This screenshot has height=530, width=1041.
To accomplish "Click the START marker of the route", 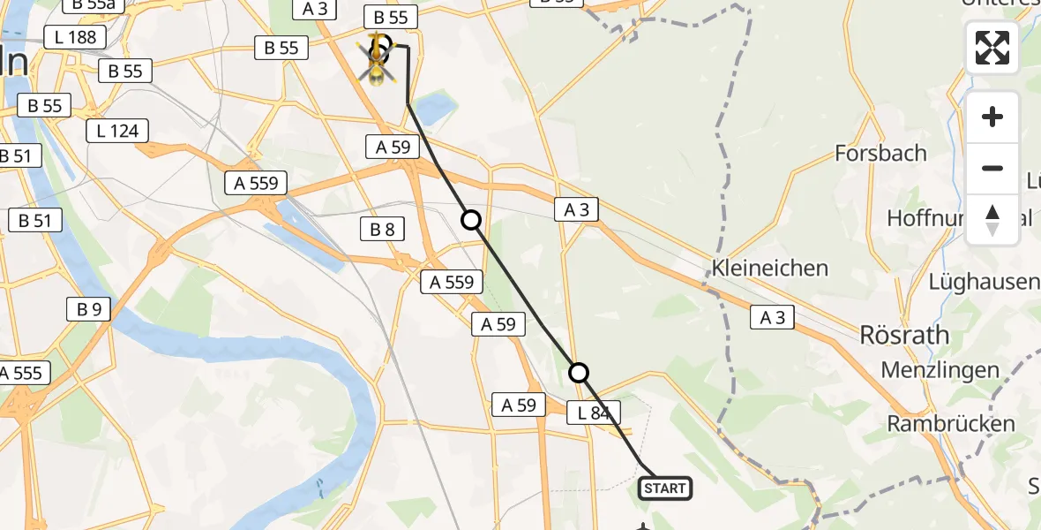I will tap(665, 488).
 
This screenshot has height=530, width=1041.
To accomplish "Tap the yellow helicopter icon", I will tap(377, 58).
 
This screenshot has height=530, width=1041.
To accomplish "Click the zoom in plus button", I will tap(992, 117).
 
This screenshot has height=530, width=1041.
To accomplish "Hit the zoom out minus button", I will tap(992, 169).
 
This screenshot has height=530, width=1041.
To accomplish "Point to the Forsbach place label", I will tap(880, 154).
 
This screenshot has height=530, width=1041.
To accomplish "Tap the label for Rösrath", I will tap(904, 336).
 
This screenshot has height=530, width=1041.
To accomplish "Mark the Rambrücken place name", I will tap(951, 423).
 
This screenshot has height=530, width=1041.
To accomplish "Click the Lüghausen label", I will tap(983, 282).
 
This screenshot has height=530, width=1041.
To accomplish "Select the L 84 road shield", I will tap(594, 412).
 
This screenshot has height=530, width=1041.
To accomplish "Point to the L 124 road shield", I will tap(117, 132).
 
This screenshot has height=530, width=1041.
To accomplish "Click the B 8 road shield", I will tap(382, 231).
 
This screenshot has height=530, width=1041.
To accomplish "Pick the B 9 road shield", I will tap(89, 309).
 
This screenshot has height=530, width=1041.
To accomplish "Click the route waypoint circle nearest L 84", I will tap(579, 373).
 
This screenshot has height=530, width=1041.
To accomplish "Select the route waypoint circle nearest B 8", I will tap(472, 220).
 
